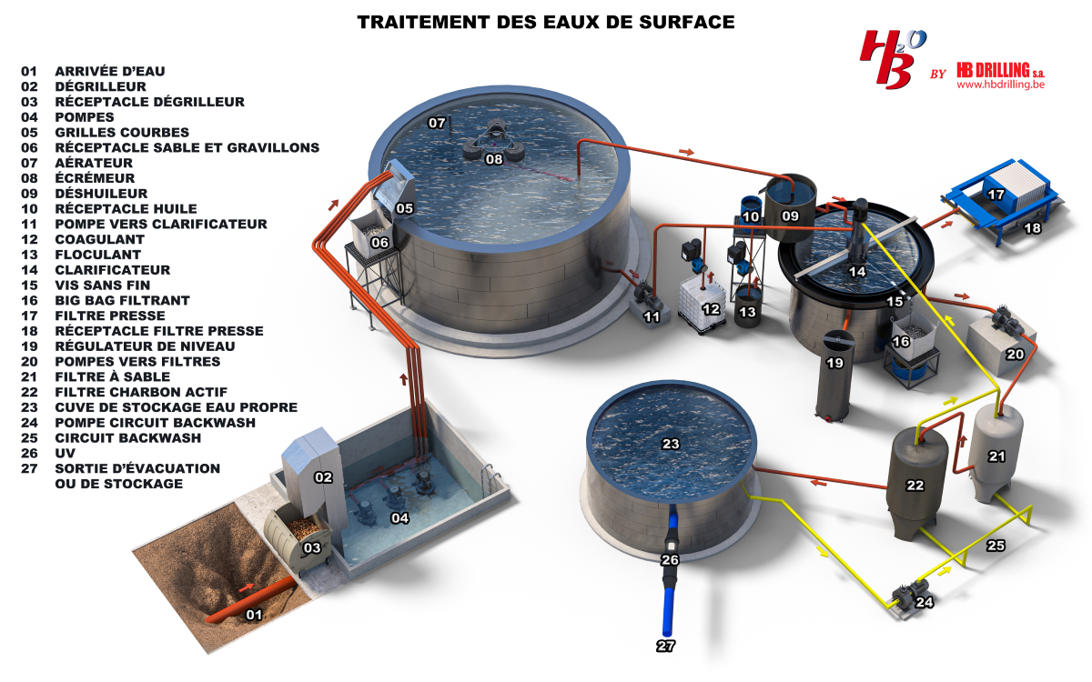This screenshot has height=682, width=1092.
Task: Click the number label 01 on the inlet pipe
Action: (254, 615)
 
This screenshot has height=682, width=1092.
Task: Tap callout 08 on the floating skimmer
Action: (494, 159)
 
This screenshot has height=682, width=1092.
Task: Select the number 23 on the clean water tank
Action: (671, 445)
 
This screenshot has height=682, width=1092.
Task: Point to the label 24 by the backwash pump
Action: (925, 601)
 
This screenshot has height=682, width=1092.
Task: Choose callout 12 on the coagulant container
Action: (712, 309)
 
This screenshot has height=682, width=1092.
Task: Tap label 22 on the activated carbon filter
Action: (915, 486)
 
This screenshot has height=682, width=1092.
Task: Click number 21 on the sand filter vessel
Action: (996, 456)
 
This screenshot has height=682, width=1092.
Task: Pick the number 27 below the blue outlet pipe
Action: (667, 646)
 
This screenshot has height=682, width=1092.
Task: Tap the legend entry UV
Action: (65, 453)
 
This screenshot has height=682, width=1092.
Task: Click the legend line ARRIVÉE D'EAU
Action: (110, 71)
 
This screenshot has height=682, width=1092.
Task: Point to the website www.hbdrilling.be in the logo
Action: (998, 84)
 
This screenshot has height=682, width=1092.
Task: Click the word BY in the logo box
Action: (938, 75)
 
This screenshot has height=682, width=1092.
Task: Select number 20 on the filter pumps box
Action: (1015, 354)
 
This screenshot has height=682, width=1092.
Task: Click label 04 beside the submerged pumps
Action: (399, 518)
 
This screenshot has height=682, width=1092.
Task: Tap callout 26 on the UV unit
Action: (670, 560)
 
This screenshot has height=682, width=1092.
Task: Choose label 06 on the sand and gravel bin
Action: (380, 243)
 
